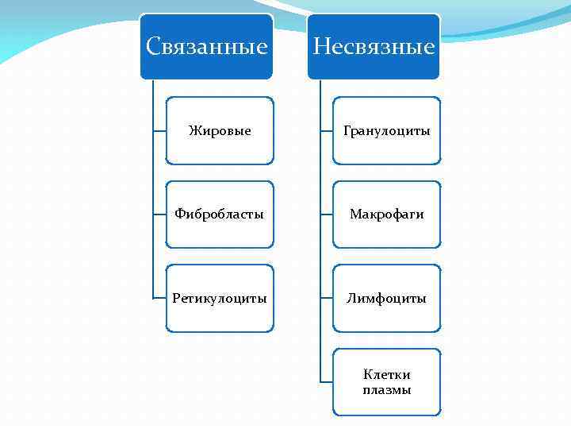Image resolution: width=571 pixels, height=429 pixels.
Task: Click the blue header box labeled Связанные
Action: click(207, 46)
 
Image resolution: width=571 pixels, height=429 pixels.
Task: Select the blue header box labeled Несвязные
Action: click(374, 46)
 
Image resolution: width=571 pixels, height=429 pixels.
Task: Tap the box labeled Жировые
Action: click(220, 130)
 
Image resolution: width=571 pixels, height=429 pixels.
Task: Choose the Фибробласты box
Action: click(220, 214)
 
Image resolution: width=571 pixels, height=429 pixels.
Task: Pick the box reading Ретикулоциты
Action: click(220, 299)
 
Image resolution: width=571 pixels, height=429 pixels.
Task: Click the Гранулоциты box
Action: click(386, 130)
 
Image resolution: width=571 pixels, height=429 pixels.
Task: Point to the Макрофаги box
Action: click(386, 214)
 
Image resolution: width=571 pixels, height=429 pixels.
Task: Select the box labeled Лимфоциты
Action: click(386, 299)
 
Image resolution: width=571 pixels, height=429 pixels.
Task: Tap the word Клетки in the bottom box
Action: click(386, 375)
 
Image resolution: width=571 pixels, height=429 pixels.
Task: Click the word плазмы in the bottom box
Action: click(386, 390)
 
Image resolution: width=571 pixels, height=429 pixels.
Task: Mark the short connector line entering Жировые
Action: click(159, 130)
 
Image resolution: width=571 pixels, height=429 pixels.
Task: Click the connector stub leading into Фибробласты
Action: click(159, 214)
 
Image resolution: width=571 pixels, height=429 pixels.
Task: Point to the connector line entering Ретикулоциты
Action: click(159, 299)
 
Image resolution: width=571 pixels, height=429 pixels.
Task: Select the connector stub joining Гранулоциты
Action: click(326, 130)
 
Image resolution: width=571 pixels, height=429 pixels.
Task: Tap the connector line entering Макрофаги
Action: click(326, 214)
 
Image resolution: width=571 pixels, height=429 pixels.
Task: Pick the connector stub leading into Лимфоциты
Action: click(326, 299)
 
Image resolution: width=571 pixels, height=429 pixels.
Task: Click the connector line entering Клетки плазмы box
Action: click(326, 382)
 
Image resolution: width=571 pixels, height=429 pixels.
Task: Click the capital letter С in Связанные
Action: click(153, 47)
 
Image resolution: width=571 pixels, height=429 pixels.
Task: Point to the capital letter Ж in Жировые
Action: click(194, 130)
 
